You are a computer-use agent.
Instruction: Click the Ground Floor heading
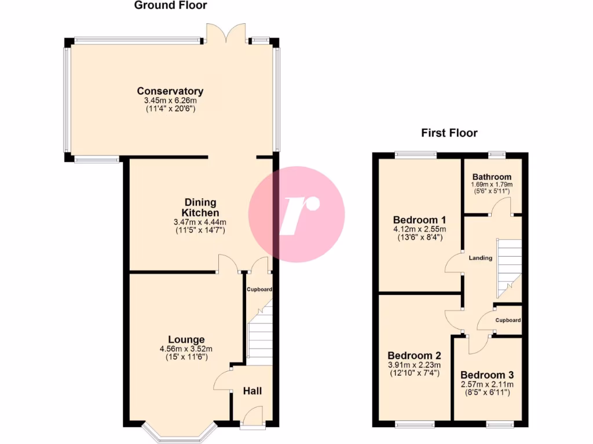[x=170, y=6]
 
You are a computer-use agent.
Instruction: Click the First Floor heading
[x=449, y=134]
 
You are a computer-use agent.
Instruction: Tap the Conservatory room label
[x=170, y=91]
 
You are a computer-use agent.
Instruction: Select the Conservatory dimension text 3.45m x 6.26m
[x=170, y=101]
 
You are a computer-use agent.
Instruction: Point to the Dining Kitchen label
[x=200, y=208]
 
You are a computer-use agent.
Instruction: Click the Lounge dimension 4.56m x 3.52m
[x=186, y=349]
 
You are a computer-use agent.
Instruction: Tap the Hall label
[x=252, y=391]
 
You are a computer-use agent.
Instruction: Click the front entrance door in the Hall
[x=252, y=417]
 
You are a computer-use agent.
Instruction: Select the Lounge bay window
[x=179, y=434]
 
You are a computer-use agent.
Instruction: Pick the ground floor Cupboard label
[x=259, y=290]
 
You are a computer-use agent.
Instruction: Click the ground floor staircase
[x=260, y=338]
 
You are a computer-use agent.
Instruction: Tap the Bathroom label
[x=492, y=177]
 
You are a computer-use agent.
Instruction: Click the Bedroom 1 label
[x=419, y=220]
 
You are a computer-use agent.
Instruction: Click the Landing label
[x=481, y=258]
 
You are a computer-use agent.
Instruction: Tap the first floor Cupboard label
[x=508, y=320]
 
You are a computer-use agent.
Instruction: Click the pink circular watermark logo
[x=296, y=214]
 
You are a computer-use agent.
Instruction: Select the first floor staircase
[x=509, y=266]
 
